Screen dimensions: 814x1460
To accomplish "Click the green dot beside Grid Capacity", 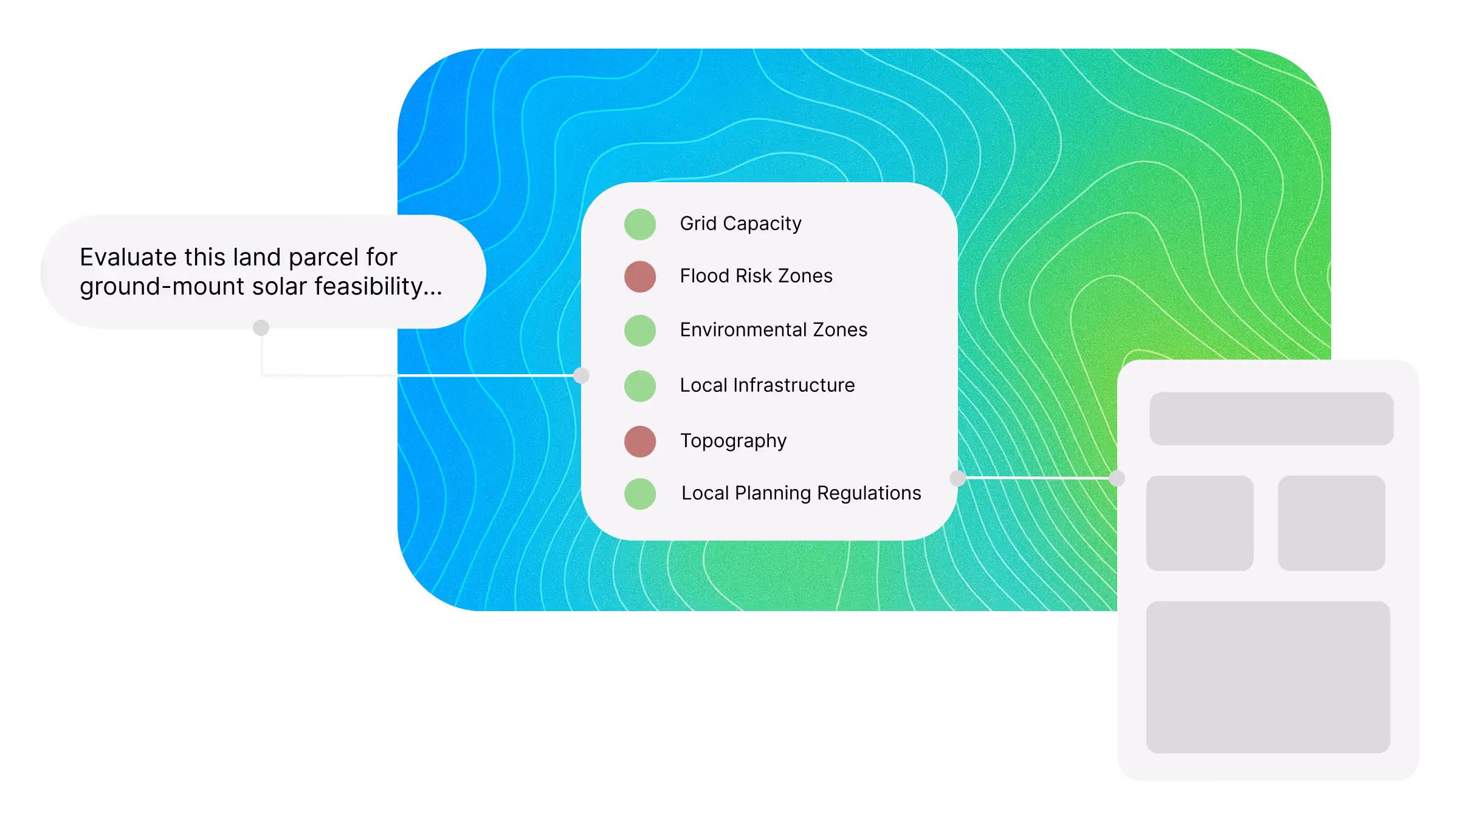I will (x=640, y=224).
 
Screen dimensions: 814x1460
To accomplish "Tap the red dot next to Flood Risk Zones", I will (x=640, y=276).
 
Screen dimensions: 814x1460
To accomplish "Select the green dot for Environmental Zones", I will (x=640, y=330).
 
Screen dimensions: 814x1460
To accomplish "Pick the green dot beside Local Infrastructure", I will (x=640, y=386).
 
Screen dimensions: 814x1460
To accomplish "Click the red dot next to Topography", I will (x=640, y=441).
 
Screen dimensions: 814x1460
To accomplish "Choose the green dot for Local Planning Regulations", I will (x=640, y=493).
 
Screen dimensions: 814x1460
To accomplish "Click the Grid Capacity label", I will (x=740, y=224).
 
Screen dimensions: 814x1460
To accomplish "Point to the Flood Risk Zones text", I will (x=756, y=276).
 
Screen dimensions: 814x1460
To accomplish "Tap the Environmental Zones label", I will (x=773, y=330).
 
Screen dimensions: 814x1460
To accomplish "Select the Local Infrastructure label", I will (x=767, y=385).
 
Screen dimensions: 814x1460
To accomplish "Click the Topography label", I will (x=733, y=440).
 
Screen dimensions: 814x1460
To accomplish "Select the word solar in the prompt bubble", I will (x=278, y=286).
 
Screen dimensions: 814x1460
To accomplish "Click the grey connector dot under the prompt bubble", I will (x=261, y=327).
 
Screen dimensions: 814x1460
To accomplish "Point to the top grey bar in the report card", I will (x=1271, y=419).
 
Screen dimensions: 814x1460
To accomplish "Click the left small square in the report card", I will (x=1199, y=523).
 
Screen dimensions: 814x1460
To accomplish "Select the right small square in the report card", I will (x=1331, y=523).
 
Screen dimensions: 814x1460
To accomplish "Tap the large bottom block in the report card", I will (x=1268, y=677).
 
